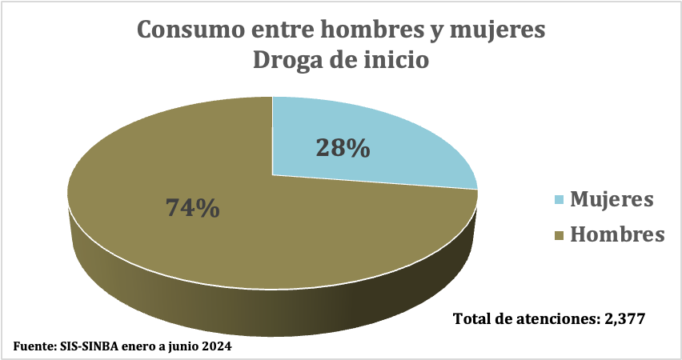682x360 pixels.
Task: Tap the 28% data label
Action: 343,148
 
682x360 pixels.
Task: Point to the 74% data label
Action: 192,207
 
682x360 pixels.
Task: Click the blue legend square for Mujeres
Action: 558,199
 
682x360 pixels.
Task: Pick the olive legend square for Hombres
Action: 558,235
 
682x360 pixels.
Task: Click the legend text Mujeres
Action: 612,199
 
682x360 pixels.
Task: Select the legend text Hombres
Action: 617,235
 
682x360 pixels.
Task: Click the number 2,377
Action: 624,318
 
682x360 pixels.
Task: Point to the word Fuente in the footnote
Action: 34,348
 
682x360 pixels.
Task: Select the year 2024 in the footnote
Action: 218,348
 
